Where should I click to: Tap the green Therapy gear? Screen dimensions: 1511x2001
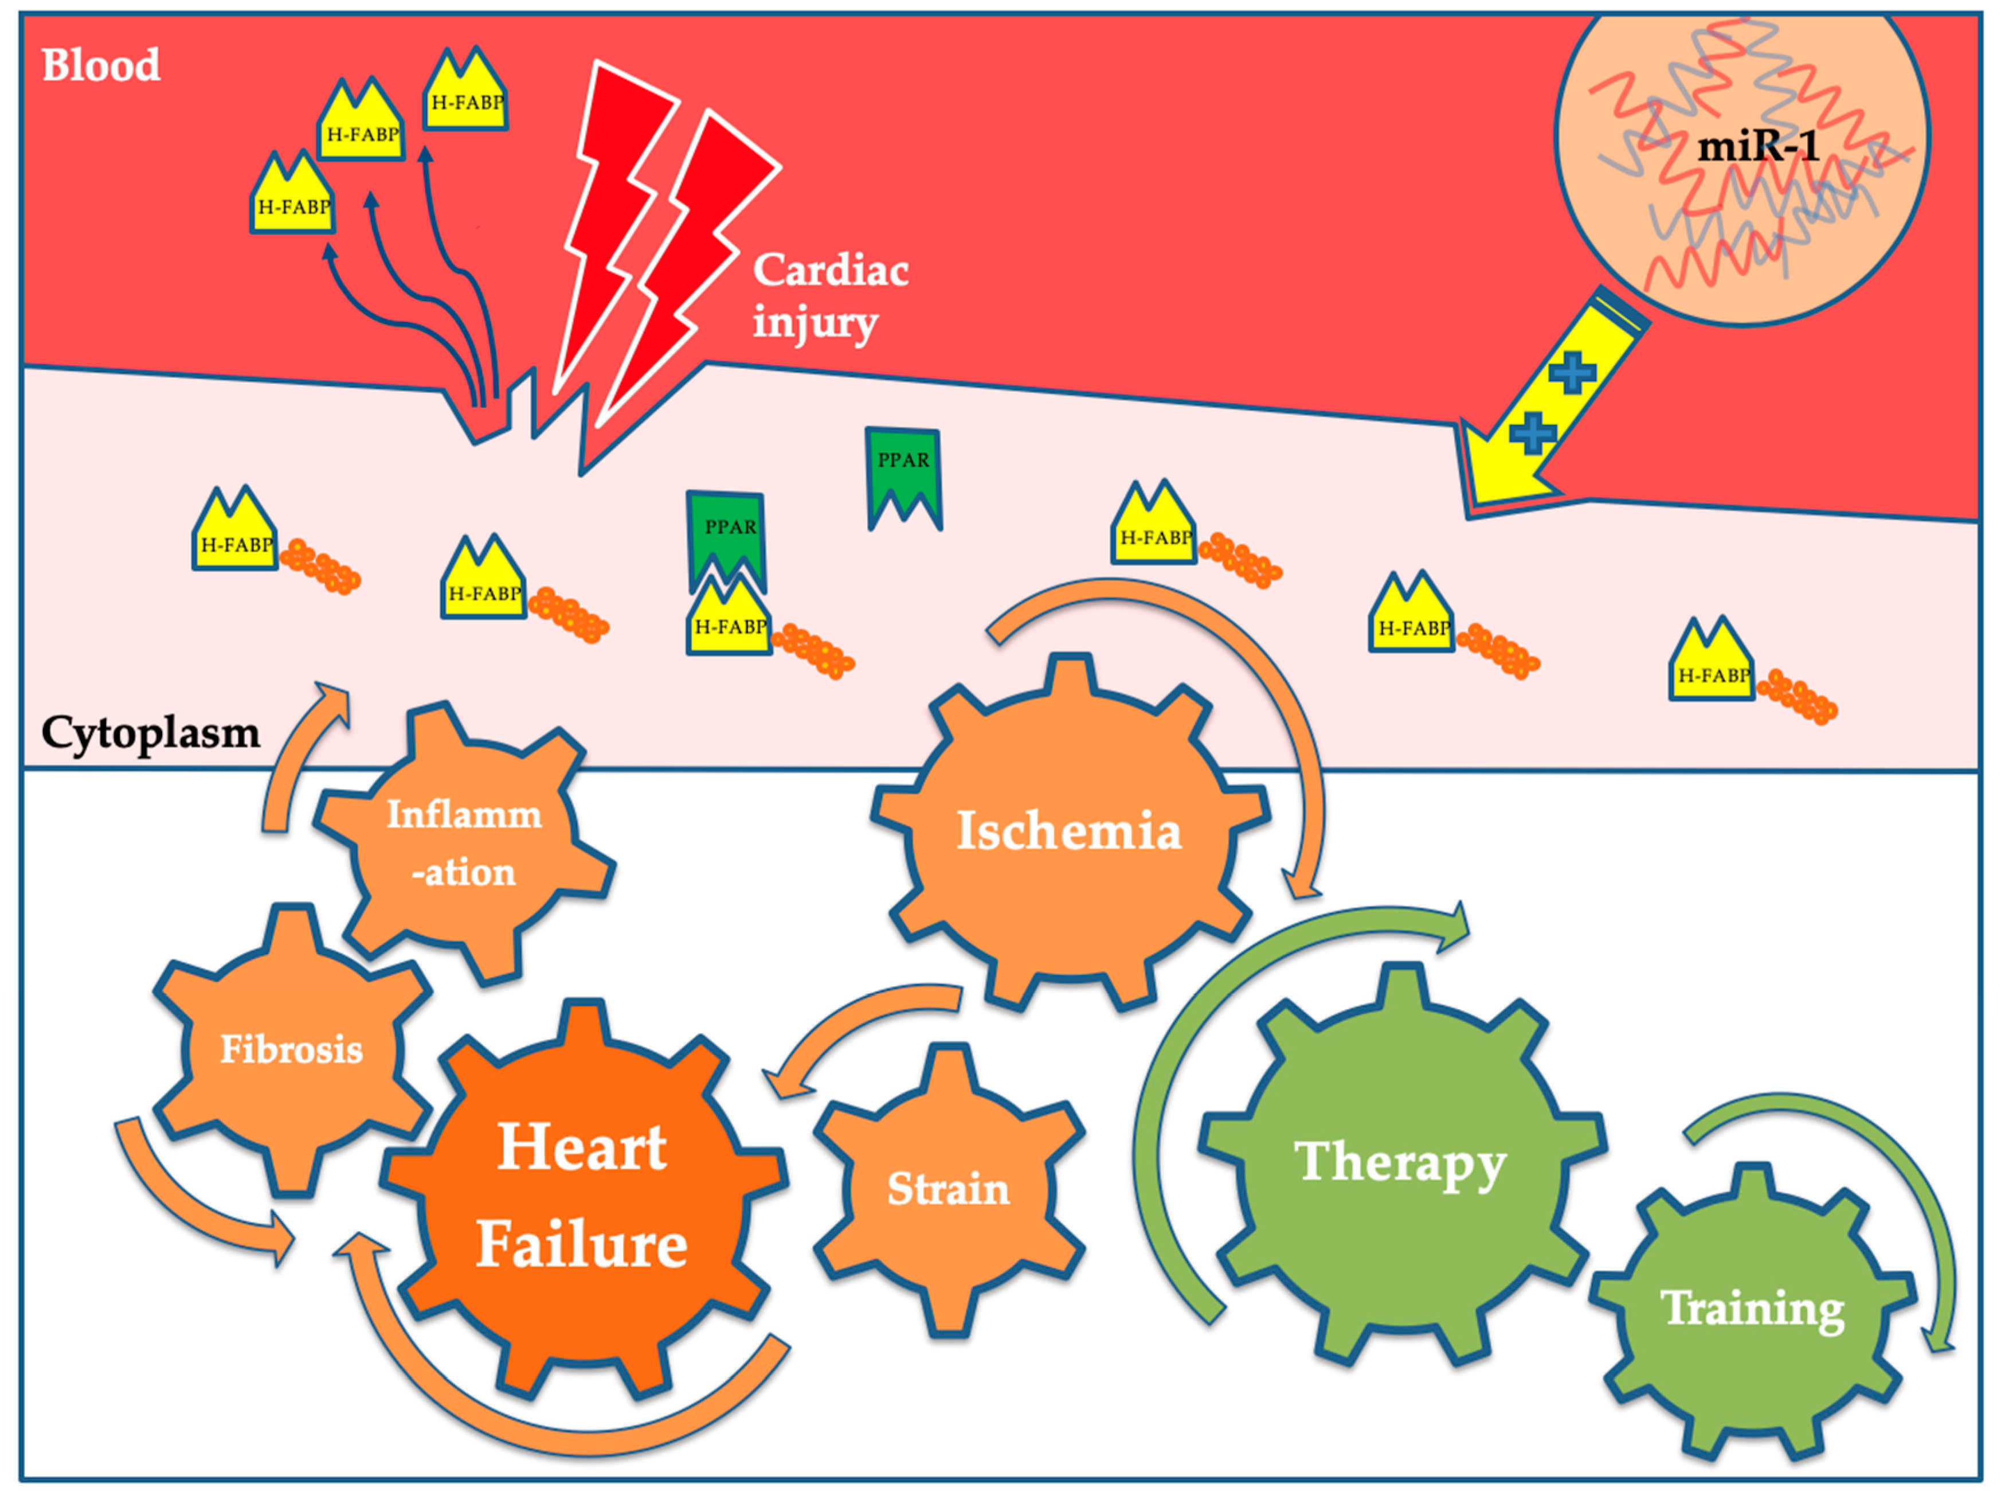(1400, 1163)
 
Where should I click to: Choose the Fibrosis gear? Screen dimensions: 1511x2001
(291, 1049)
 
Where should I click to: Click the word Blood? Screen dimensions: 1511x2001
(101, 65)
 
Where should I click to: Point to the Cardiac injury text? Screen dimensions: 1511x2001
(831, 295)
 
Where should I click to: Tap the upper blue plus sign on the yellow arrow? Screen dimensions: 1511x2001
(1572, 372)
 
